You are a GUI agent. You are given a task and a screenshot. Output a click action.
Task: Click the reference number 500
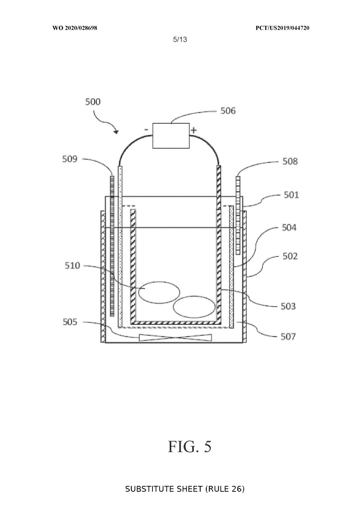(93, 102)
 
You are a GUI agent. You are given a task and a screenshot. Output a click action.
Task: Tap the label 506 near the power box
(228, 111)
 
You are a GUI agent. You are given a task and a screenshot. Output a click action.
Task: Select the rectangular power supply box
(171, 136)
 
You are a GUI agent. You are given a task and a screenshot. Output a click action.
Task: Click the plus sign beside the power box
(193, 131)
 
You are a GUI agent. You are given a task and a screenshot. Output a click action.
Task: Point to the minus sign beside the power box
(147, 130)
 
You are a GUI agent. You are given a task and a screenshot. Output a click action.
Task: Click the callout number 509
(70, 159)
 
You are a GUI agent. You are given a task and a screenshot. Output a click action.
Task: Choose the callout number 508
(290, 161)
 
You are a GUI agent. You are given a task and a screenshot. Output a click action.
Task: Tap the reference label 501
(291, 195)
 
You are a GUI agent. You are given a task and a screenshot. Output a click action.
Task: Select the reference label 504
(289, 227)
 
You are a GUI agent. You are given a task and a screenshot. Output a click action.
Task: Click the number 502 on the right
(290, 256)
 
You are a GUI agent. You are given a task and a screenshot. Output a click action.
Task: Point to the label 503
(288, 306)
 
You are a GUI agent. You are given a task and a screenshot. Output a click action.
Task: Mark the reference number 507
(288, 336)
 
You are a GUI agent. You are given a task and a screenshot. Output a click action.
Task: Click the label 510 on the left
(73, 266)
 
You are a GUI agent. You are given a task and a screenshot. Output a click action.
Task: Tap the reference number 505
(70, 322)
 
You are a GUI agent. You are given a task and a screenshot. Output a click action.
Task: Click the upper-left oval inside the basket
(159, 292)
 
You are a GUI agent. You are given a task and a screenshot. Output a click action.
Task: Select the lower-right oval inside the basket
(194, 307)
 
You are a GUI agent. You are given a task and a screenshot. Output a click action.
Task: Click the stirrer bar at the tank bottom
(175, 338)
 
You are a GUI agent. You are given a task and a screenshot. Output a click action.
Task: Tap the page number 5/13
(180, 39)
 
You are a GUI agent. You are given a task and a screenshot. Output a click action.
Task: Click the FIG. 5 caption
(190, 446)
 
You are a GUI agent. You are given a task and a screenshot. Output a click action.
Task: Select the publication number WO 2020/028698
(75, 28)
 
